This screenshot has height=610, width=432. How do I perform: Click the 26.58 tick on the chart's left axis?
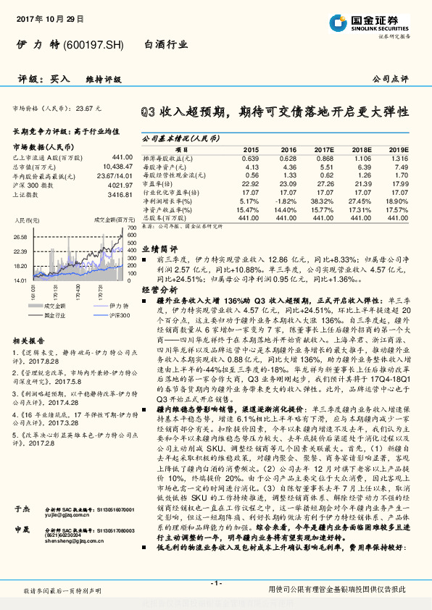[x=20, y=236]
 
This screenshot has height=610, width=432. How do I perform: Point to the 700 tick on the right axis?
[x=131, y=227]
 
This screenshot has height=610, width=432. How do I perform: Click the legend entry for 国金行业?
[x=54, y=316]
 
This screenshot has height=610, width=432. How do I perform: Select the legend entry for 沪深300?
[x=118, y=316]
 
